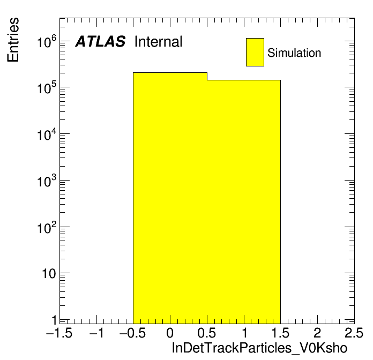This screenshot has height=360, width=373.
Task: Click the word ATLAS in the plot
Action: click(x=100, y=41)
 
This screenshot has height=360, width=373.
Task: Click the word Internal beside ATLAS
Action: click(x=159, y=41)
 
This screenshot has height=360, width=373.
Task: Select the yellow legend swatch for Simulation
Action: click(x=255, y=52)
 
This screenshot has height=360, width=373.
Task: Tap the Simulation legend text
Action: click(x=294, y=52)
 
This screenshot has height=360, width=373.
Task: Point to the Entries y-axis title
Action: click(x=13, y=40)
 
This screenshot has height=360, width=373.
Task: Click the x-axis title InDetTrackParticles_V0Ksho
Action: click(x=259, y=348)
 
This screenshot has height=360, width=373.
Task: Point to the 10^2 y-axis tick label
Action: click(x=47, y=227)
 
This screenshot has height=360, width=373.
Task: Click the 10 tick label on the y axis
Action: click(x=49, y=274)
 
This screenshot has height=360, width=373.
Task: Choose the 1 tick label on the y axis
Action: click(x=54, y=320)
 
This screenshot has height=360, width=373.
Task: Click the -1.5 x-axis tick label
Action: click(x=59, y=333)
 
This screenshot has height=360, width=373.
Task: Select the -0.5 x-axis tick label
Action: click(x=132, y=333)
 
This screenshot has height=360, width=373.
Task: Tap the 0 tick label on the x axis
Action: click(x=170, y=333)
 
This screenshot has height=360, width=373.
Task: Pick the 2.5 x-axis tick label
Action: click(x=354, y=333)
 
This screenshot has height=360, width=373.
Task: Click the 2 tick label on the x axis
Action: click(x=317, y=333)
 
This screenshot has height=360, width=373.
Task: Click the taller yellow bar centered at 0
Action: click(x=170, y=198)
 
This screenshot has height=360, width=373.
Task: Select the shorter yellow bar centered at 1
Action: click(x=244, y=202)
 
